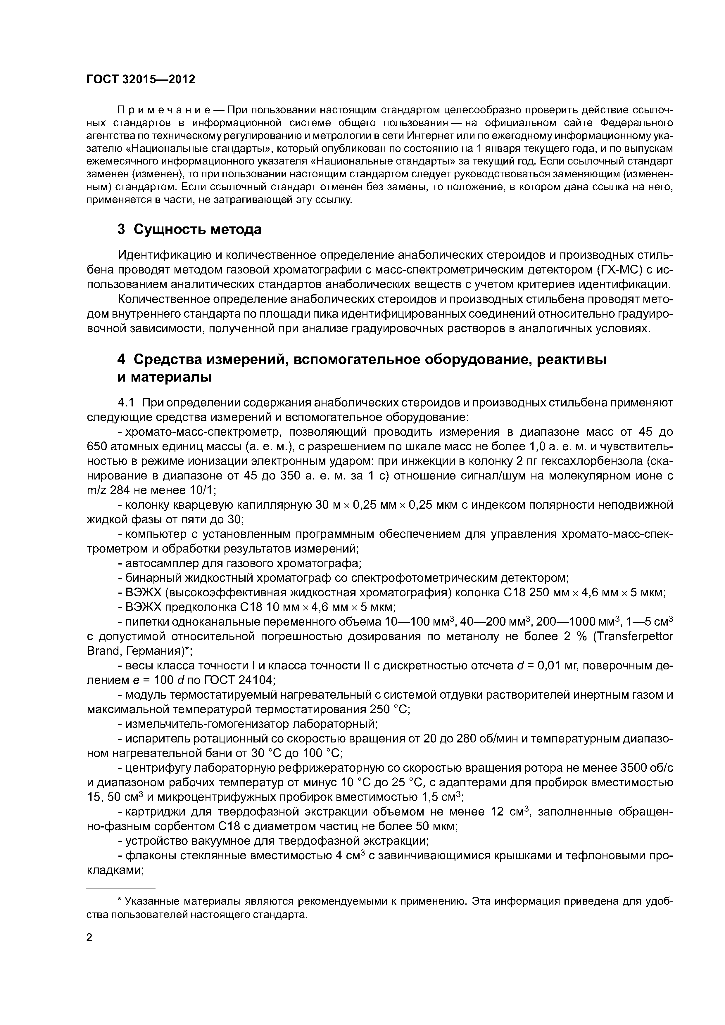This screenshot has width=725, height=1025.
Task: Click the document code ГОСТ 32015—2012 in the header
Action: coord(141,79)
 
